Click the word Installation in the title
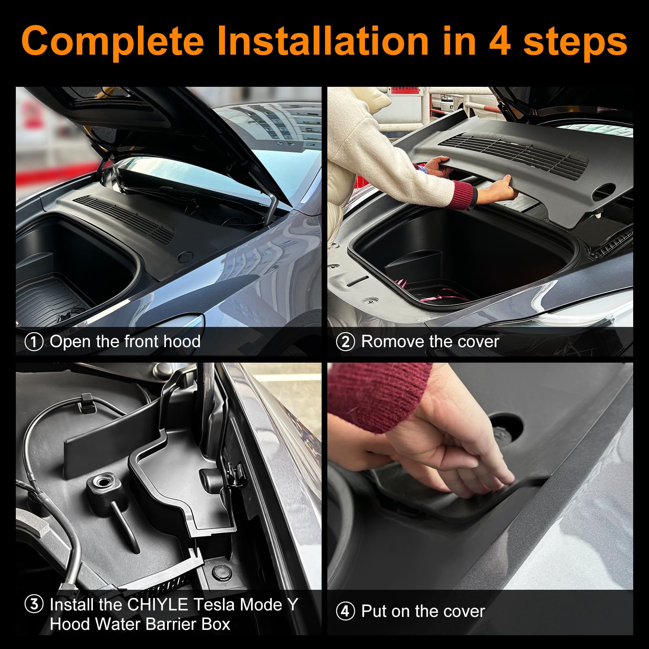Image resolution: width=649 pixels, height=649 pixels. point(322,41)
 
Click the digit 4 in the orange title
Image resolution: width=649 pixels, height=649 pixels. point(499,41)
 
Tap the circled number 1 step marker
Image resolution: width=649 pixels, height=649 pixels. point(34,342)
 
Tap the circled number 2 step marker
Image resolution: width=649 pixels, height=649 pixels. point(346,342)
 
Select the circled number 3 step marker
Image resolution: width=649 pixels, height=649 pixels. point(34,604)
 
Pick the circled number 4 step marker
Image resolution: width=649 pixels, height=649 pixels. point(346,611)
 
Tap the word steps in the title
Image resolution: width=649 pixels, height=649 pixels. point(575,41)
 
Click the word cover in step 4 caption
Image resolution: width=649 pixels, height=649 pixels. point(464,611)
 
